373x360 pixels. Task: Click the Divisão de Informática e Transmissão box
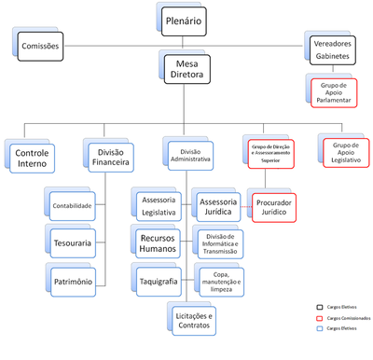(220, 244)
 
